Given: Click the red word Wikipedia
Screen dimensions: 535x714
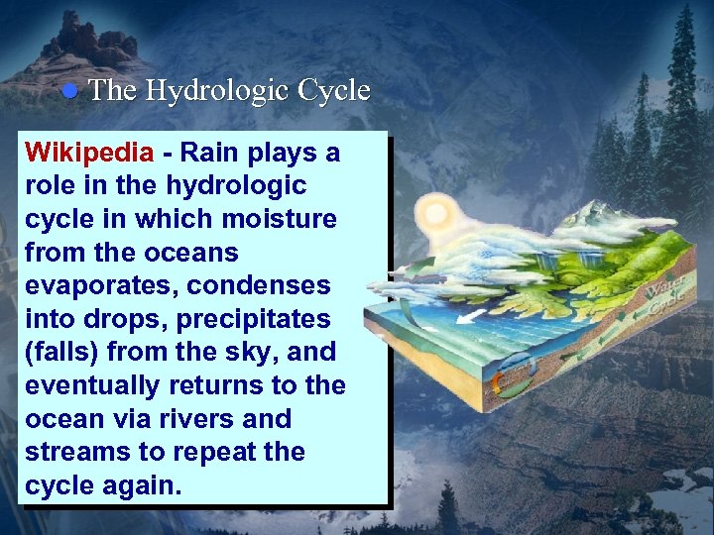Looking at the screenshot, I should (89, 153).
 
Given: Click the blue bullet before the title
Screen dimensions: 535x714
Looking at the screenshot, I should (69, 91).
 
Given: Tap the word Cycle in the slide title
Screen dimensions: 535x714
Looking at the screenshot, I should (331, 91).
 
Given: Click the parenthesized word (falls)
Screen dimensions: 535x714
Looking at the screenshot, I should (66, 352).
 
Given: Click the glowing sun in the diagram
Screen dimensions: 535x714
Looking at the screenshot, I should (436, 214).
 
